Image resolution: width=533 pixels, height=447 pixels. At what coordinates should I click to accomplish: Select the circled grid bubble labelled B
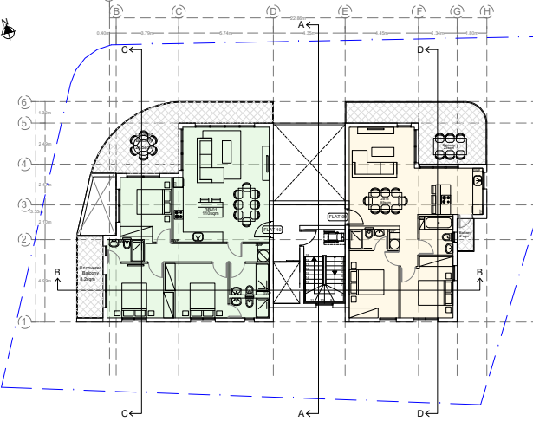click(x=116, y=11)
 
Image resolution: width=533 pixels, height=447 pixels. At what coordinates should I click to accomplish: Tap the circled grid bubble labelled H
click(x=486, y=11)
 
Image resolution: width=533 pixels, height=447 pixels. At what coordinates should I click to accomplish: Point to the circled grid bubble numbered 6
click(x=25, y=102)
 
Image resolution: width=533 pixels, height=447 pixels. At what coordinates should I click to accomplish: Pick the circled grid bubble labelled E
click(x=344, y=11)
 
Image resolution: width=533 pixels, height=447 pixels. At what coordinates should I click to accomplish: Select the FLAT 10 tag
click(x=272, y=229)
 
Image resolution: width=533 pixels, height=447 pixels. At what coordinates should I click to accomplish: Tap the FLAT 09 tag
click(x=337, y=217)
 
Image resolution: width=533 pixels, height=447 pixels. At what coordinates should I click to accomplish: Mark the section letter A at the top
click(x=302, y=26)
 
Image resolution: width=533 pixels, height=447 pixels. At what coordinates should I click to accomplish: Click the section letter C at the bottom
click(x=125, y=414)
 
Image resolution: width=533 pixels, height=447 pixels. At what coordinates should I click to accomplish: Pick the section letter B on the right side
click(x=479, y=272)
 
